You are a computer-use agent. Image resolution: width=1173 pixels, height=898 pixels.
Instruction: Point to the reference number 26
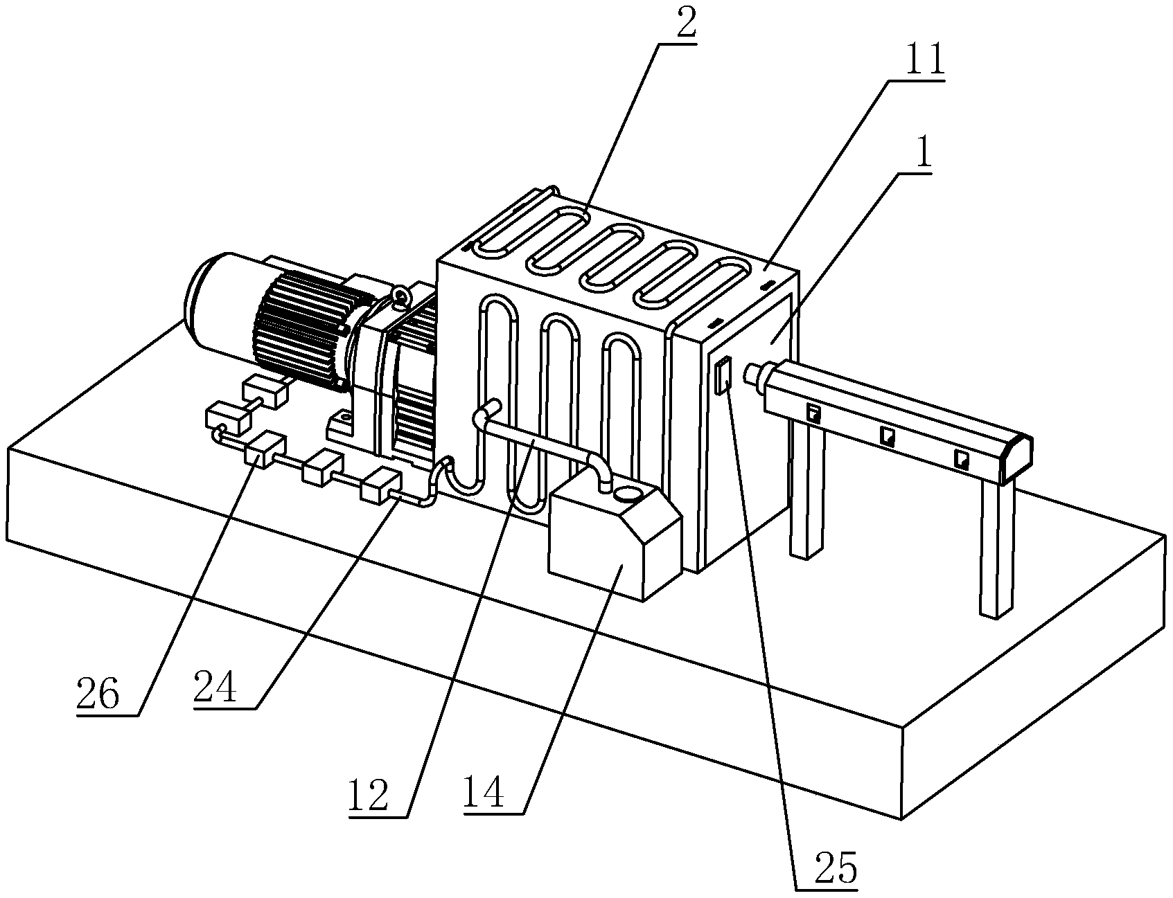[x=98, y=694]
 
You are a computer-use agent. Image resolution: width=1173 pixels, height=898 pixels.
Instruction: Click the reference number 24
[x=215, y=688]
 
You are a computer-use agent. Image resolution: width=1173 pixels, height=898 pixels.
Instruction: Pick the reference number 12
[x=369, y=796]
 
